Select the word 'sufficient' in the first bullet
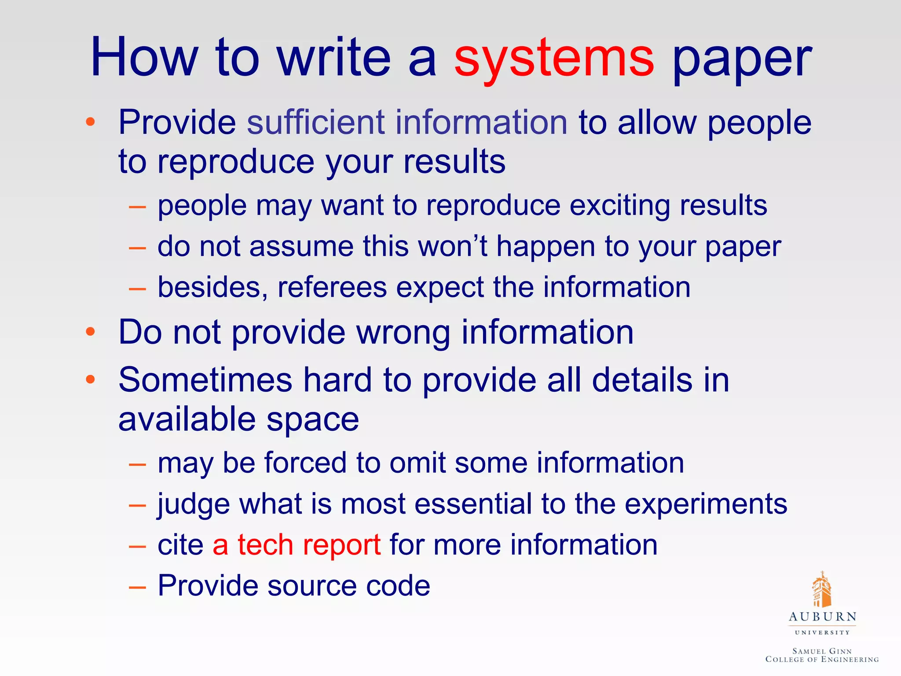[315, 122]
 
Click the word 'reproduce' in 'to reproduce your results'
[235, 162]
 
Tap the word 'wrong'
[403, 332]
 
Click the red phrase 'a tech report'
[297, 544]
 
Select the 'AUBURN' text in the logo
[822, 617]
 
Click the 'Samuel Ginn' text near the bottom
[822, 651]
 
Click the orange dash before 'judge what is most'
[137, 505]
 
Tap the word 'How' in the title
[144, 58]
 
